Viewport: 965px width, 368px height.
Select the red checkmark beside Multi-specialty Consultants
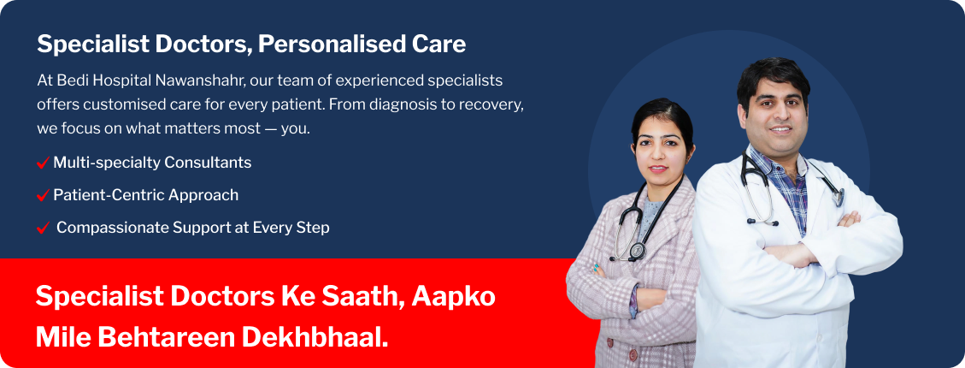click(x=43, y=163)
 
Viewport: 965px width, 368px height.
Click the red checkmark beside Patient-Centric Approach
click(x=43, y=195)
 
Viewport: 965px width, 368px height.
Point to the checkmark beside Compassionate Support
click(x=43, y=228)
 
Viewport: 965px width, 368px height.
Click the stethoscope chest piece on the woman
click(x=637, y=251)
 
